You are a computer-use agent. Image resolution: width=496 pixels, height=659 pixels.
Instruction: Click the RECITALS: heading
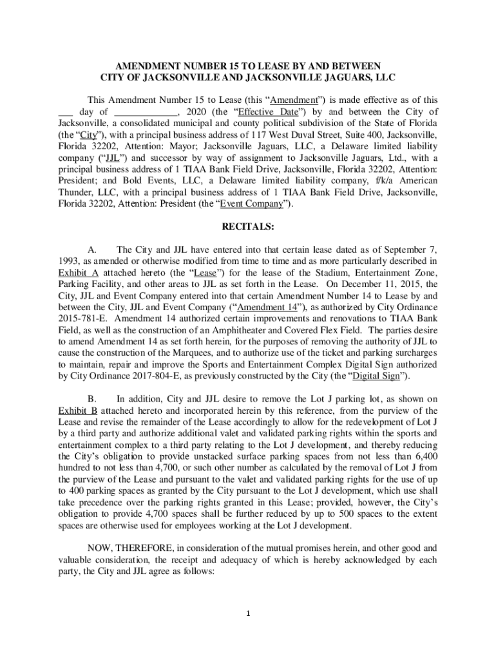click(x=248, y=227)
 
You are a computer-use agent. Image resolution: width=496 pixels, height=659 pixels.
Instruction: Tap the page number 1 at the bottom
click(x=248, y=612)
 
